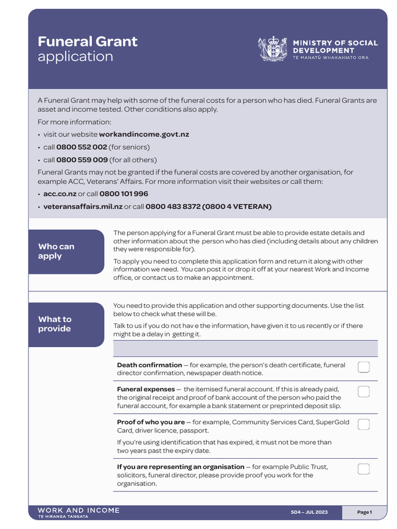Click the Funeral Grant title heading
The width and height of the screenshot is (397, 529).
coord(87,42)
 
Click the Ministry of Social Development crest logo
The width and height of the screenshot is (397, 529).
coord(272,50)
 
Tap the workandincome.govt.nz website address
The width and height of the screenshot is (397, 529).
coord(144,134)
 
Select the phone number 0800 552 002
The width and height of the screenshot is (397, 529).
coord(81,147)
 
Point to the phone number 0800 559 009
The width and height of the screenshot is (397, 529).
coord(82,160)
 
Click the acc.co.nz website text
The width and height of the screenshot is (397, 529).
coord(59,194)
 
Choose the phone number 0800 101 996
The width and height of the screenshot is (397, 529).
coord(124,194)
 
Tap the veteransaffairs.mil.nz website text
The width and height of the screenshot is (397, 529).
coord(83,207)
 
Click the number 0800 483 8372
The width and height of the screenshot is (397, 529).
coord(173,207)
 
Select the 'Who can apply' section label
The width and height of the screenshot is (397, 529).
coord(56,252)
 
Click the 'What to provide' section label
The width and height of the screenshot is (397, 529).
coord(55,324)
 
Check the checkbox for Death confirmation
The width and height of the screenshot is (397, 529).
coord(363,367)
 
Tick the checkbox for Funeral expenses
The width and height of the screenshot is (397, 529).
coord(363,392)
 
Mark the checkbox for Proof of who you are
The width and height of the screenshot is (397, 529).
coord(363,425)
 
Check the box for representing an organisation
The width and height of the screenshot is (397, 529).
coord(363,469)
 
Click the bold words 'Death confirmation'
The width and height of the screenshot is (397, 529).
coord(149,365)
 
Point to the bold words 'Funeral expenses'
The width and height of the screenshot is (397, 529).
coord(146,390)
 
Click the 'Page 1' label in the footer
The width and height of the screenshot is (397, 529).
coord(364,512)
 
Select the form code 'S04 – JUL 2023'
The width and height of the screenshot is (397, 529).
coord(309,512)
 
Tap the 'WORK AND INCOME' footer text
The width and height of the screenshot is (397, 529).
coord(79,510)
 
